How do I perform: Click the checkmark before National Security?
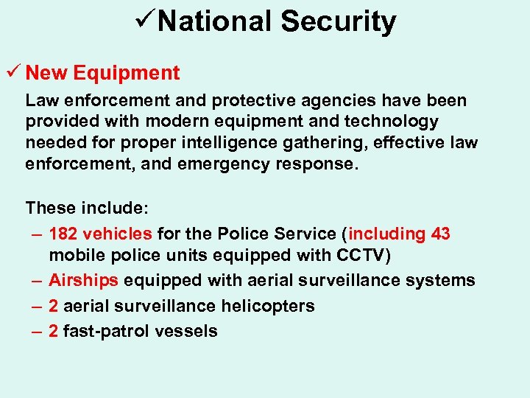coord(145,21)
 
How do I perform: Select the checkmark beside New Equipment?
coord(13,73)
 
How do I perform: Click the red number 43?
coord(440,234)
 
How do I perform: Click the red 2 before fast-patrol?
coord(54,331)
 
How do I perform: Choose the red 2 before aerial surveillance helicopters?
coord(54,306)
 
